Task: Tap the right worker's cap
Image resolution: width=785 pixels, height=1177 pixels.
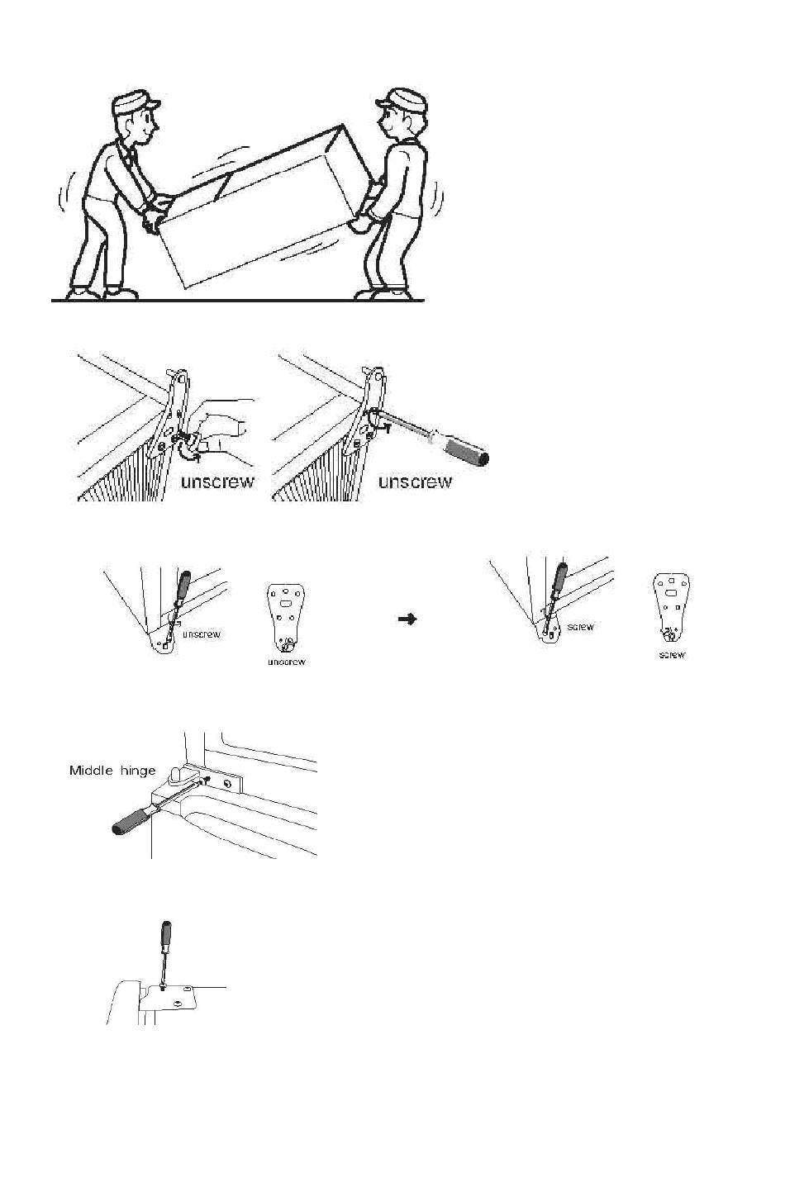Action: point(402,97)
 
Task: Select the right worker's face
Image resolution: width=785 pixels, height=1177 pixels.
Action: point(391,126)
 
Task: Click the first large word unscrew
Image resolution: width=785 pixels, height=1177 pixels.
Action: point(218,482)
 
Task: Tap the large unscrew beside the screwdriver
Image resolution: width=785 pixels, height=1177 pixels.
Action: point(415,481)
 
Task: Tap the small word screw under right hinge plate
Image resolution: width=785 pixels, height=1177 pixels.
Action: point(672,655)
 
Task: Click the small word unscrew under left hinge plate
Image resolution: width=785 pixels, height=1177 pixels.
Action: point(286,662)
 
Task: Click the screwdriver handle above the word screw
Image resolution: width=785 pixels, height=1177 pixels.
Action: point(561,579)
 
